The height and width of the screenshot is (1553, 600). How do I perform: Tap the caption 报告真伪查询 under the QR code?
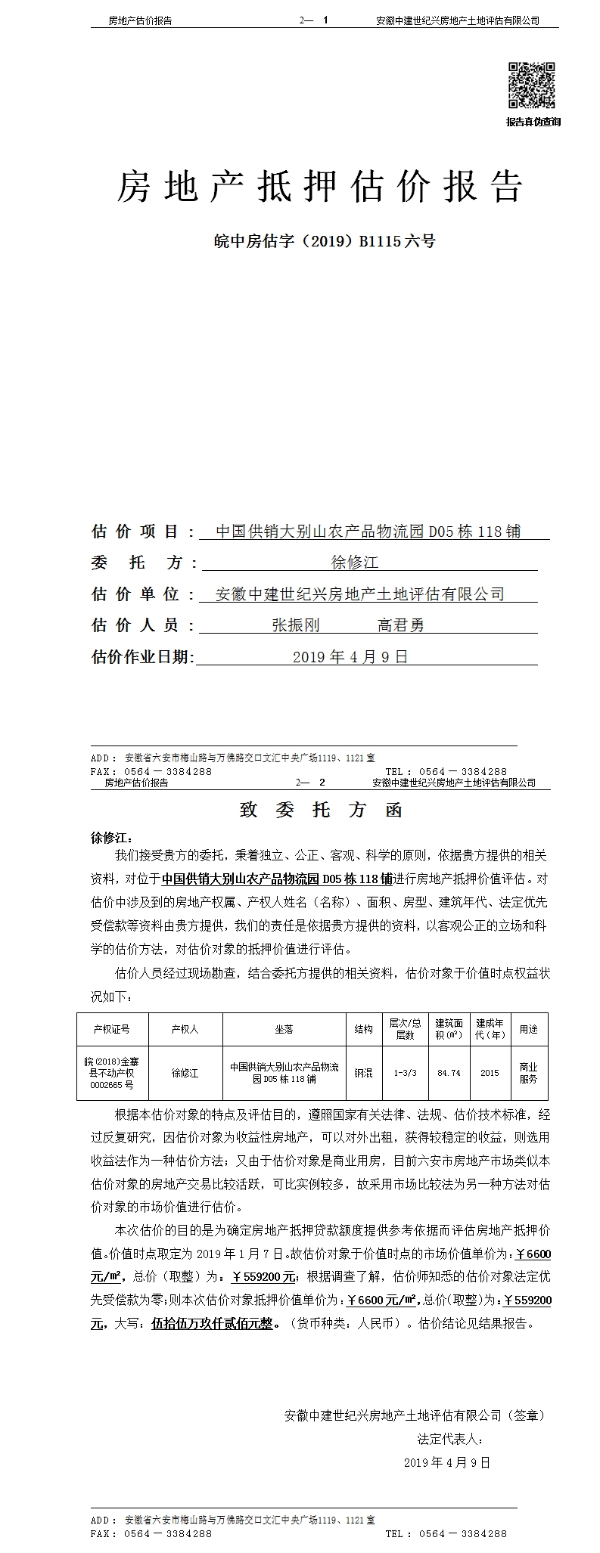pyautogui.click(x=533, y=122)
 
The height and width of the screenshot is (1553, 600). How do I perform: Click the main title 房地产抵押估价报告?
pyautogui.click(x=319, y=187)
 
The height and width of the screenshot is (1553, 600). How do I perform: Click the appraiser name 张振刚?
pyautogui.click(x=296, y=625)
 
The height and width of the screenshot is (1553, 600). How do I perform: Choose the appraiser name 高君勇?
pyautogui.click(x=401, y=625)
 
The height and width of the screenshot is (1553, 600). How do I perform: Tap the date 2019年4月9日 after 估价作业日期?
pyautogui.click(x=350, y=657)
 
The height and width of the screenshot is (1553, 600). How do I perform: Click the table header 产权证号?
pyautogui.click(x=111, y=1029)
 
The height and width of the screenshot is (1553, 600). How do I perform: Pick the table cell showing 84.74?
pyautogui.click(x=449, y=1073)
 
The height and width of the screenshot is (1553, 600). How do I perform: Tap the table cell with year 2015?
pyautogui.click(x=490, y=1073)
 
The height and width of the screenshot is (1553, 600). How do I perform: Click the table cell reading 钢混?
pyautogui.click(x=363, y=1073)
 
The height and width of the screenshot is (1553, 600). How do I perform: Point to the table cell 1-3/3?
pyautogui.click(x=405, y=1073)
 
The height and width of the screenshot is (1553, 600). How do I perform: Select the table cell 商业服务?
pyautogui.click(x=528, y=1073)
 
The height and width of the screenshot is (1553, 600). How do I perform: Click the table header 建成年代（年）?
pyautogui.click(x=490, y=1029)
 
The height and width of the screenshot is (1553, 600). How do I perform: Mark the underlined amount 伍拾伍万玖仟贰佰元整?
pyautogui.click(x=216, y=1324)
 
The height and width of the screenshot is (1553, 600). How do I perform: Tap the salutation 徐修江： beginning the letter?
pyautogui.click(x=112, y=838)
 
